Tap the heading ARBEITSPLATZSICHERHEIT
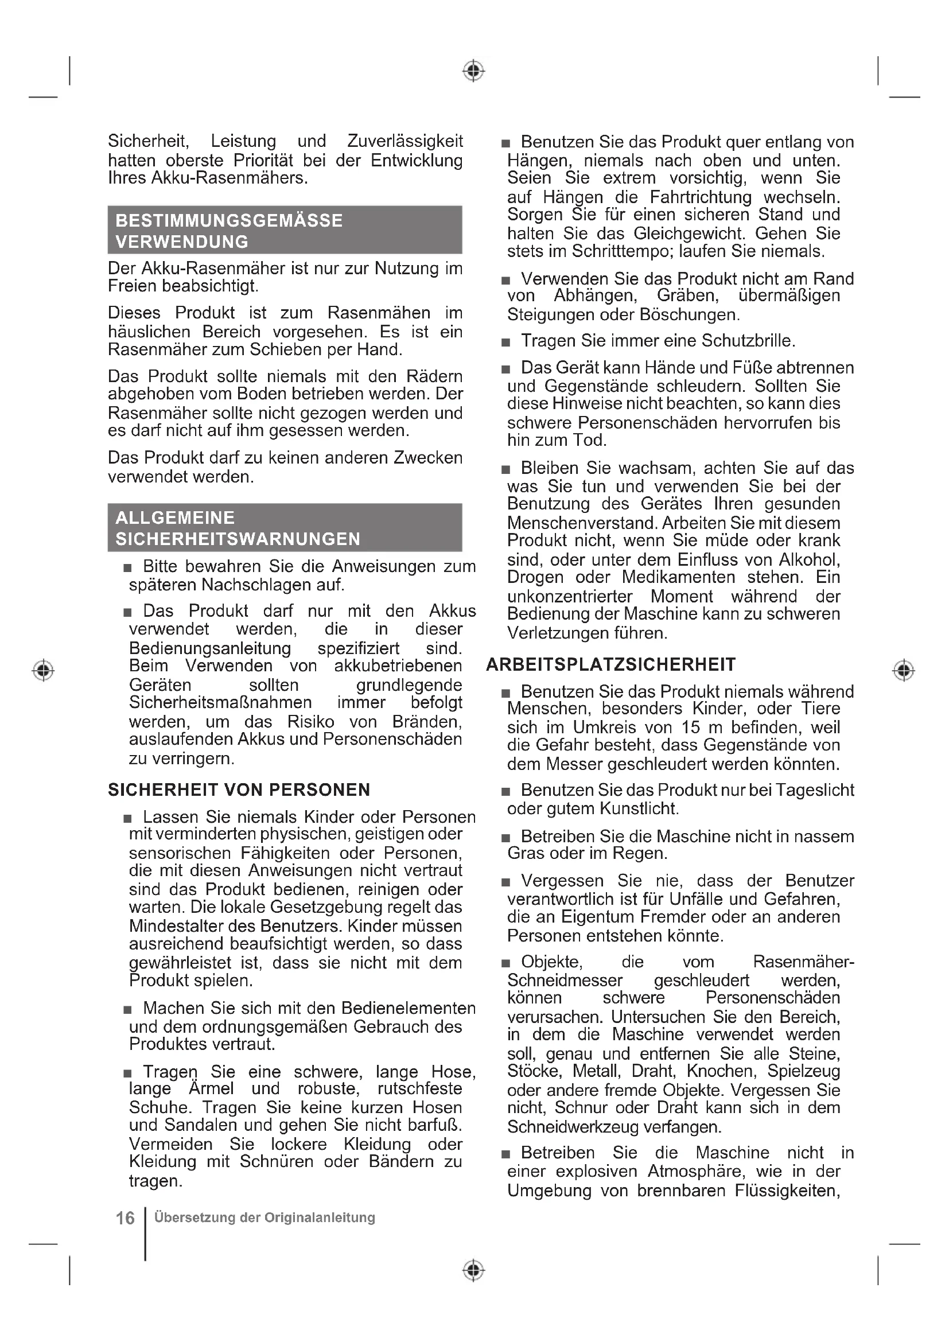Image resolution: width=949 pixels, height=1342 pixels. (610, 664)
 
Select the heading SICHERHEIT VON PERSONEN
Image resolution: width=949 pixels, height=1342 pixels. (239, 789)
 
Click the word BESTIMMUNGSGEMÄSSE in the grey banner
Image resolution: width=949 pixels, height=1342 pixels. (229, 220)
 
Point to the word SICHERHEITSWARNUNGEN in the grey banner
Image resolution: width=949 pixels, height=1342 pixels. (238, 539)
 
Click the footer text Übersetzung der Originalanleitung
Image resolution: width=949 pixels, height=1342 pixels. (264, 1217)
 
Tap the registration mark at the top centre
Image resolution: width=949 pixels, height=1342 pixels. (473, 71)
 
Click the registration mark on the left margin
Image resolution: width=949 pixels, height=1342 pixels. (43, 670)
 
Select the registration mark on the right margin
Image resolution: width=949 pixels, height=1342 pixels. (904, 670)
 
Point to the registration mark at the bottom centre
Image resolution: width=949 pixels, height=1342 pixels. (473, 1270)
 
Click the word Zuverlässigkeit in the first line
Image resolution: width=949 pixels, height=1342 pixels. (405, 141)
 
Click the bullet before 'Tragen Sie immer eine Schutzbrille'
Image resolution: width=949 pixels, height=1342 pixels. (506, 343)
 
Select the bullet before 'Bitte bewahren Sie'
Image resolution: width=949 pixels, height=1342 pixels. (128, 568)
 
